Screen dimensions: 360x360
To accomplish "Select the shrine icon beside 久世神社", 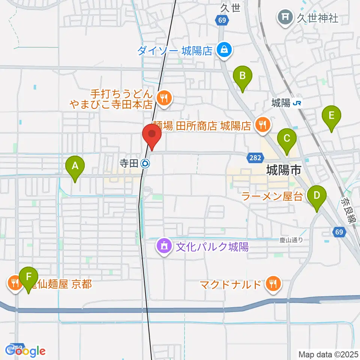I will [285, 17].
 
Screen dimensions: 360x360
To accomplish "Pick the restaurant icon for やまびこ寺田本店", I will [164, 99].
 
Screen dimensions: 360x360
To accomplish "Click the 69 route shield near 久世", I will [222, 20].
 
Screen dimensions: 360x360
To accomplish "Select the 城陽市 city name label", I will [283, 171].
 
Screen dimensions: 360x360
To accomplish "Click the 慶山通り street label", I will [291, 239].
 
